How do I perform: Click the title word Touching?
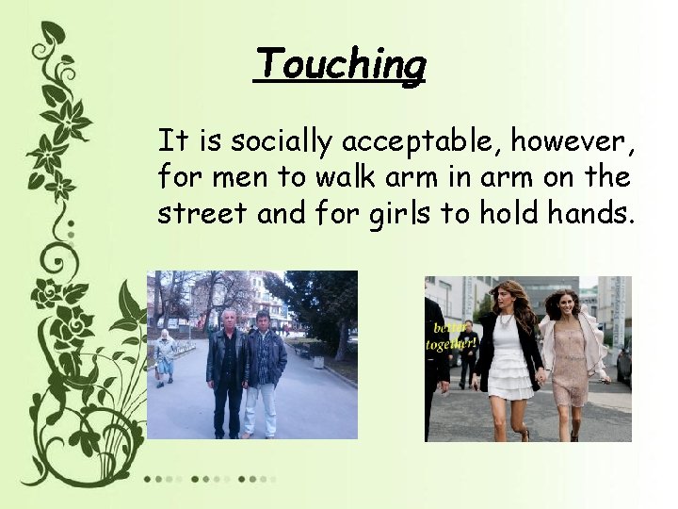click(340, 64)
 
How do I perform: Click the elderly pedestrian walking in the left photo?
click(166, 356)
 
